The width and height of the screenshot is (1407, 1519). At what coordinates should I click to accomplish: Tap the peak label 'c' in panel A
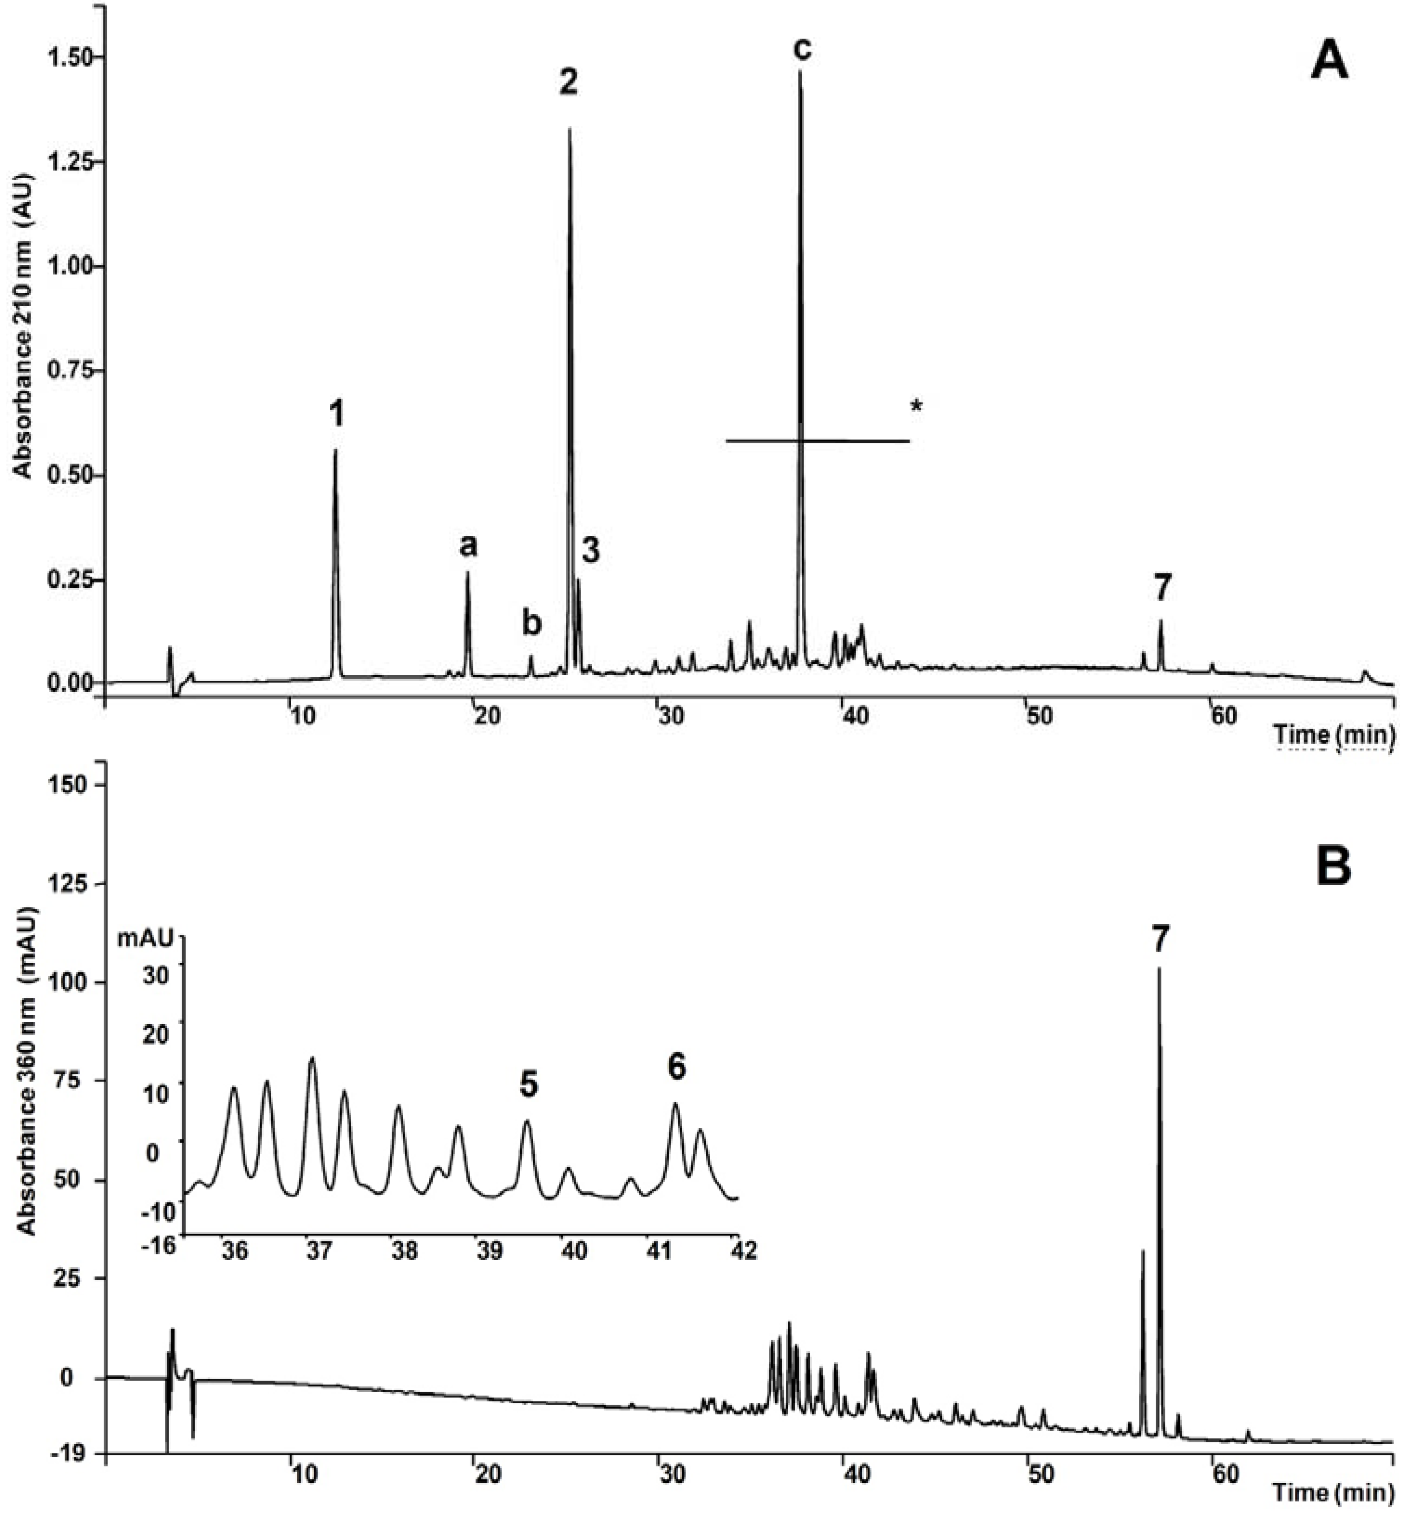pyautogui.click(x=802, y=47)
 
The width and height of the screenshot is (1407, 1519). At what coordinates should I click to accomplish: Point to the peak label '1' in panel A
pyautogui.click(x=336, y=414)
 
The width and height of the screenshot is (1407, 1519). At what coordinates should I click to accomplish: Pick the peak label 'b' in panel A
pyautogui.click(x=531, y=623)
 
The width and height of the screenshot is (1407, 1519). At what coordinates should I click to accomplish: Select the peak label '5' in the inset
pyautogui.click(x=529, y=1085)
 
